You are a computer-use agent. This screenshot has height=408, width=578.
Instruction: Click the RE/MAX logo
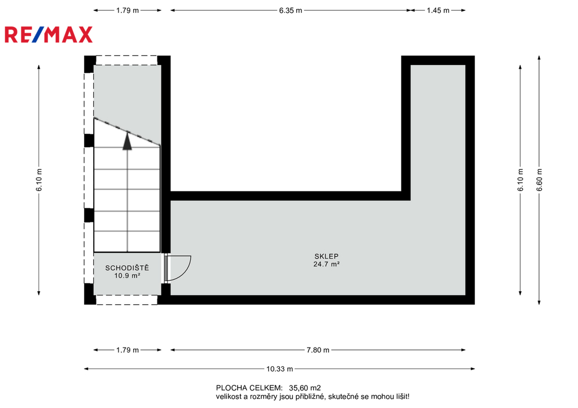point(49,34)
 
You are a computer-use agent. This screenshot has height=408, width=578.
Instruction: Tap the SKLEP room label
point(326,256)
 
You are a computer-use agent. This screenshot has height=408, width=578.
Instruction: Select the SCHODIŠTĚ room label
point(127,267)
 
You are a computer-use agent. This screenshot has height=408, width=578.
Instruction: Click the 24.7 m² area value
point(326,264)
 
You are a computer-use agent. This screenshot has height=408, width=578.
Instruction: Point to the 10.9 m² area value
point(127,276)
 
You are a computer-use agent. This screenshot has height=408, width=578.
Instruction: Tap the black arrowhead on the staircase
point(127,141)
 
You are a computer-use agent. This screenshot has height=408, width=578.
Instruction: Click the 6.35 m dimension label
point(291,11)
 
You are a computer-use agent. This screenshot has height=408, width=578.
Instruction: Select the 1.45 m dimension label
point(438,11)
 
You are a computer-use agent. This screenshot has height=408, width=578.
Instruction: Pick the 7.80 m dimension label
point(318,350)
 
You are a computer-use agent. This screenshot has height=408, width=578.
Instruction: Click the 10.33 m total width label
point(280,369)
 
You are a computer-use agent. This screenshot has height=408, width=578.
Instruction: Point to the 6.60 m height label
point(539,180)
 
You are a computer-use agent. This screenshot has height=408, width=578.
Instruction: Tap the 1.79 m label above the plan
point(128,11)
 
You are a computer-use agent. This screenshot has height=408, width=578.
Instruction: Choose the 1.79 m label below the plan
point(128,350)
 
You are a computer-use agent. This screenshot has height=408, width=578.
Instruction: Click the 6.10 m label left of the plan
point(39,180)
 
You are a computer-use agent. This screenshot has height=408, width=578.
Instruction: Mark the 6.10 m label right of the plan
point(520,180)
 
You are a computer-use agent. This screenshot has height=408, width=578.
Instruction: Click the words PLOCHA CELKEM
point(249,388)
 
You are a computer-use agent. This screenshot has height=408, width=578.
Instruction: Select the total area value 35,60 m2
point(305,388)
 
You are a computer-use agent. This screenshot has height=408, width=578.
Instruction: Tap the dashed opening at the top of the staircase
point(126,60)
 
